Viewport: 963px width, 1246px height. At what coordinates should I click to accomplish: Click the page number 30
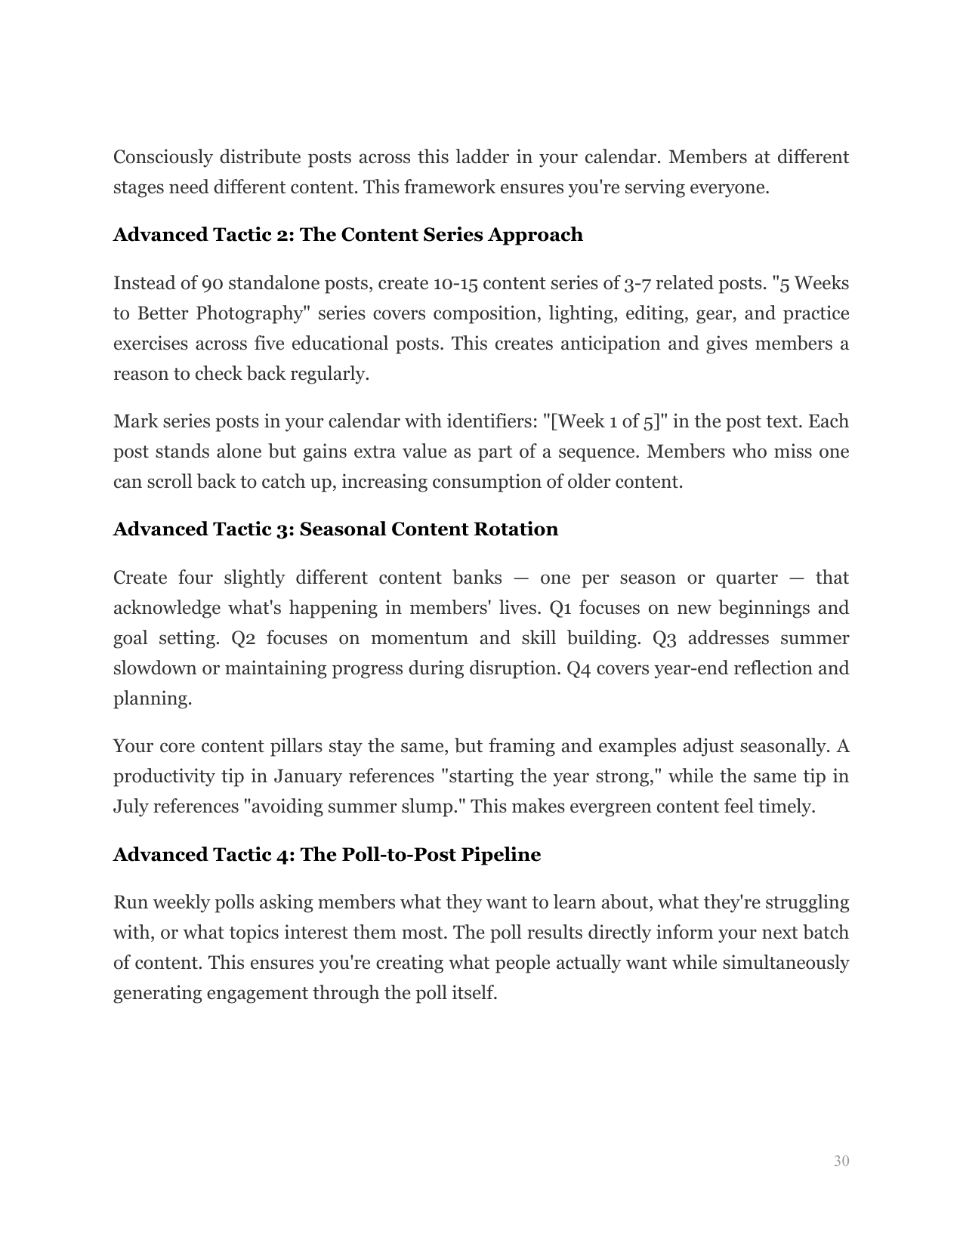tap(841, 1161)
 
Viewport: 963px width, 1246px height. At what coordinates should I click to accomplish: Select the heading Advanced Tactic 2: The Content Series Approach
tap(347, 235)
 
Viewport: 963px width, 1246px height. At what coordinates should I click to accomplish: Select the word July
tap(131, 807)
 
